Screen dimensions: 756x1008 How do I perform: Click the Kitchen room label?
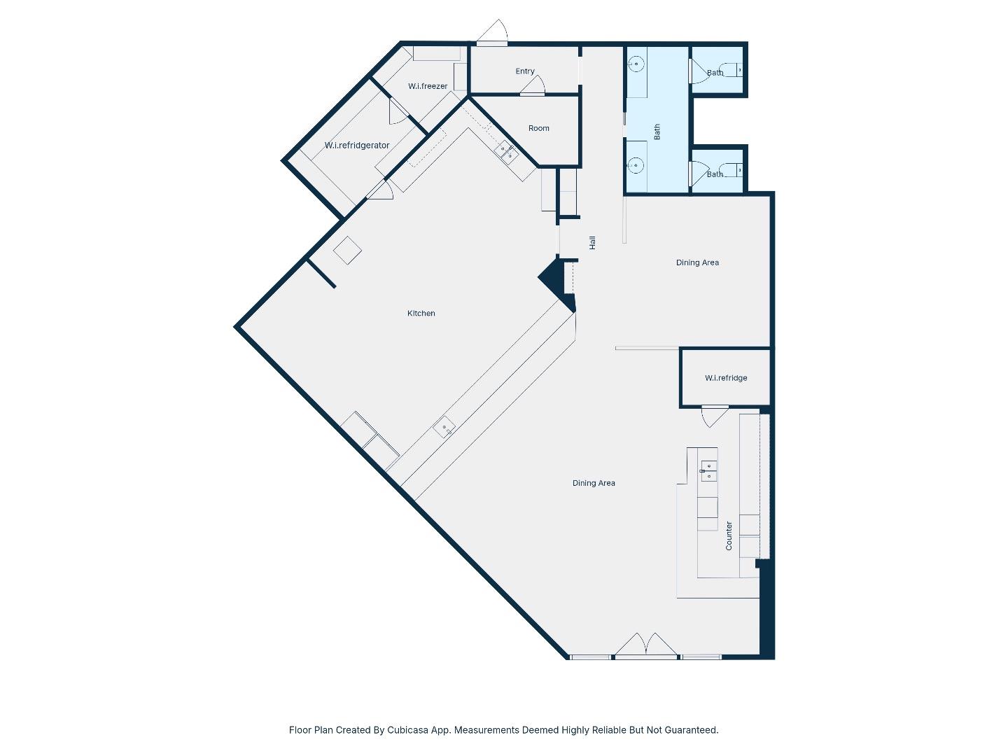(x=421, y=313)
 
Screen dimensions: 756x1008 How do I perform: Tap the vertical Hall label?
(x=592, y=242)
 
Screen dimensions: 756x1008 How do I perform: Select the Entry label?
(x=524, y=71)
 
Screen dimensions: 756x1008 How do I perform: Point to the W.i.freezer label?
(x=428, y=86)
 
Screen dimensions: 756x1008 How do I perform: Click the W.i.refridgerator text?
(x=356, y=146)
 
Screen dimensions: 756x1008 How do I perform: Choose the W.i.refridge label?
(x=725, y=378)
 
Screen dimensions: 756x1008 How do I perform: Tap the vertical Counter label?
(x=729, y=535)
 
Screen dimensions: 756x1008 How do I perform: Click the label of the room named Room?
(x=538, y=128)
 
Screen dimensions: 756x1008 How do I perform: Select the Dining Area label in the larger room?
(x=594, y=483)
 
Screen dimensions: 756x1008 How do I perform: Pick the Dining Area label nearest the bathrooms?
(x=697, y=262)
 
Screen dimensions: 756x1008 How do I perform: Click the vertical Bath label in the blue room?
(x=657, y=132)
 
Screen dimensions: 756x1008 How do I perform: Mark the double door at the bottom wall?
(x=645, y=645)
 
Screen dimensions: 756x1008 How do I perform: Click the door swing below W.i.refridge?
(x=713, y=416)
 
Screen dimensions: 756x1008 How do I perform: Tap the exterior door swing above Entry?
(x=494, y=32)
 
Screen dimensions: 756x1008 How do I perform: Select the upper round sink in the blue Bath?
(x=636, y=64)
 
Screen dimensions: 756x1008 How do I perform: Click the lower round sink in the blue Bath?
(x=636, y=165)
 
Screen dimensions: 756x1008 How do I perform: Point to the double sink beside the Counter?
(x=708, y=470)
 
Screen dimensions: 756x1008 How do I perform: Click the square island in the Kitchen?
(x=347, y=250)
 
